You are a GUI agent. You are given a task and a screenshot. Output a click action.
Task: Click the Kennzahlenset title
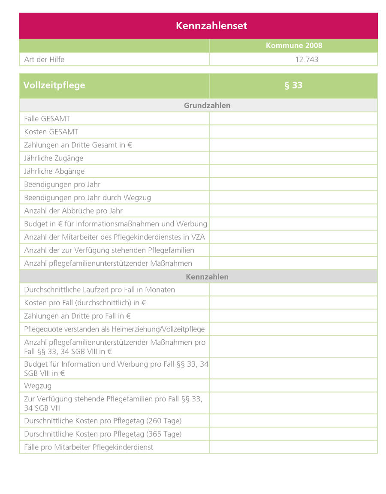coord(211,26)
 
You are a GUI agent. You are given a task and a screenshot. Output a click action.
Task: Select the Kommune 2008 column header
coord(294,45)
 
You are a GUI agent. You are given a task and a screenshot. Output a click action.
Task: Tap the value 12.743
coord(307,60)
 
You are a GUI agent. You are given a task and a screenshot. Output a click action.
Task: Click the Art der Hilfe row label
coord(44,60)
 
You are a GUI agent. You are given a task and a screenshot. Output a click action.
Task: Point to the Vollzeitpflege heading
coord(54,85)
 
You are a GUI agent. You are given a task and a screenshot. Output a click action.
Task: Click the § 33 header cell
coord(293,85)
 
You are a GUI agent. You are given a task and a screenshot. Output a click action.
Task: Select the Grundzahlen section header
coord(207,105)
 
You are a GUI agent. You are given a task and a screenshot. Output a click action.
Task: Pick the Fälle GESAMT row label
coord(47,119)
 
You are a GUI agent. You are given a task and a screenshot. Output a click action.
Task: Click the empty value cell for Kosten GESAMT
coord(293,132)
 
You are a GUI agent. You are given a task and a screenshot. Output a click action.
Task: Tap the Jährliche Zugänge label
coord(54,158)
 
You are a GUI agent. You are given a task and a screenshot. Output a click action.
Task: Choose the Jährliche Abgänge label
coord(54,172)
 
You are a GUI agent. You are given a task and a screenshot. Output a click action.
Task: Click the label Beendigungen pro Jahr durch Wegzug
coord(87,198)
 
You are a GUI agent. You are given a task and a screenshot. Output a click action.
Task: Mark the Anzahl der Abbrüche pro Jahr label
coord(73,211)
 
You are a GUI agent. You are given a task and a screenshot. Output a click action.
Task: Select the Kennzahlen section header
coord(207,277)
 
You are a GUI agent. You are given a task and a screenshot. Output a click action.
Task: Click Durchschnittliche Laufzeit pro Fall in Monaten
coord(100,290)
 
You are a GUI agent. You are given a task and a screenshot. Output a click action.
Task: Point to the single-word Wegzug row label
coord(38,386)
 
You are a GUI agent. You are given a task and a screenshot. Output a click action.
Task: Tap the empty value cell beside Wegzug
coord(293,386)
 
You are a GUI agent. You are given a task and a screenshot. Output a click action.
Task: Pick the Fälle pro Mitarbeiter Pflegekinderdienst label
coord(89,447)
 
